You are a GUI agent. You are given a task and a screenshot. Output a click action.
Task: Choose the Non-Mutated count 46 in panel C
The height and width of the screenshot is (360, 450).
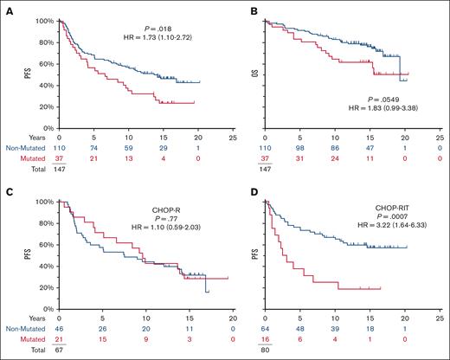point(59,331)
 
